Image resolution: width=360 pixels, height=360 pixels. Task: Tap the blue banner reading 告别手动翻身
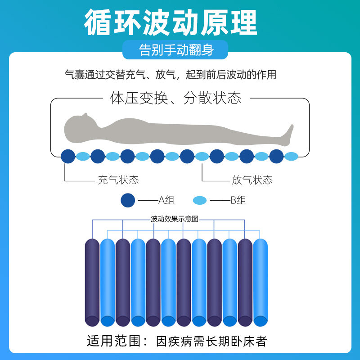pyautogui.click(x=176, y=49)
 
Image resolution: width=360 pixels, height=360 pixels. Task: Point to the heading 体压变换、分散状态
pyautogui.click(x=175, y=98)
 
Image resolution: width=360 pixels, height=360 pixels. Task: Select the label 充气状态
pyautogui.click(x=118, y=180)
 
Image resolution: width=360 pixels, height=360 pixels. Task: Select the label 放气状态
pyautogui.click(x=252, y=180)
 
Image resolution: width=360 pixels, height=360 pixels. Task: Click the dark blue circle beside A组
pyautogui.click(x=128, y=200)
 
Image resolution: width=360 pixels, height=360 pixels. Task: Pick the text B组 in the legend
pyautogui.click(x=238, y=200)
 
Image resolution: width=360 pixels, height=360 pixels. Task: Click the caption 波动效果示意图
pyautogui.click(x=175, y=220)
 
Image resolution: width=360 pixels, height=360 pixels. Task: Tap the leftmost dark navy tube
pyautogui.click(x=92, y=283)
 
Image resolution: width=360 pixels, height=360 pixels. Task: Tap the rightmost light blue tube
pyautogui.click(x=260, y=283)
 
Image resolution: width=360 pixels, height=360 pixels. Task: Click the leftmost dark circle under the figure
pyautogui.click(x=68, y=156)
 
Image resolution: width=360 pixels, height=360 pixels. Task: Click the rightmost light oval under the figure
pyautogui.click(x=291, y=157)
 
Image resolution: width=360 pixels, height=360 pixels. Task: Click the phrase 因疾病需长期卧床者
pyautogui.click(x=211, y=341)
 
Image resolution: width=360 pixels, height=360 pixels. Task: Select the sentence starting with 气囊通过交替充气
pyautogui.click(x=170, y=74)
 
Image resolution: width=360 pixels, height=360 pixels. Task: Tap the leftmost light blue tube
pyautogui.click(x=107, y=283)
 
